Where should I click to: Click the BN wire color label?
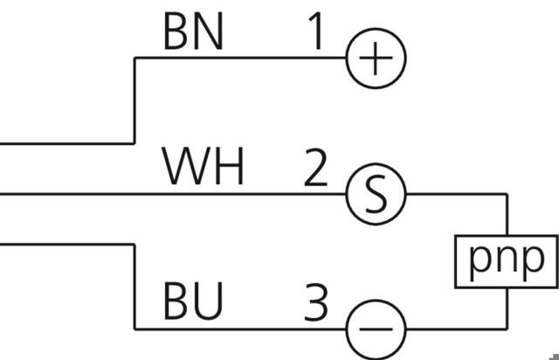coord(193,33)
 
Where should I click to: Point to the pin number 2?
coord(315,170)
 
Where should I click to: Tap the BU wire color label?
coord(193,302)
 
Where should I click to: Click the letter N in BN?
coord(209,33)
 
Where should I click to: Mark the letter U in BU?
coord(209,302)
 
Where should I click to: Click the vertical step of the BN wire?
coord(134,100)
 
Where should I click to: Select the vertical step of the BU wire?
coord(134,284)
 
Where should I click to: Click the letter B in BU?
coord(176,302)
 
